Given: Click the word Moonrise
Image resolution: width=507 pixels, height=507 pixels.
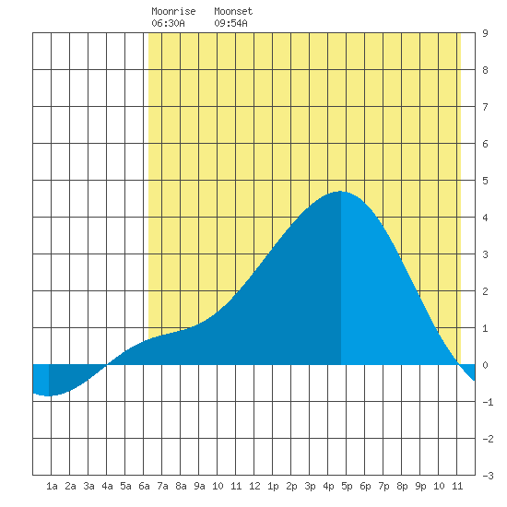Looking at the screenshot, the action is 173,11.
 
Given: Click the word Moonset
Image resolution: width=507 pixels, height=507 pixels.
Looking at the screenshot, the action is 233,11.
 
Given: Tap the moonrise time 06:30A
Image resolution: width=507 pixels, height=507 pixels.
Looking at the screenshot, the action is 168,23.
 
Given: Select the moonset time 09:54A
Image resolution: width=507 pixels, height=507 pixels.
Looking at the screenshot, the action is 230,23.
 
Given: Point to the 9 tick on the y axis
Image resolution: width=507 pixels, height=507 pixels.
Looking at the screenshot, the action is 485,33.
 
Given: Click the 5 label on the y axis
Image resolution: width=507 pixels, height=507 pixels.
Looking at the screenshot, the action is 485,181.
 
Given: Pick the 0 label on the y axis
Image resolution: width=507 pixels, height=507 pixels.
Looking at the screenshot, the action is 485,365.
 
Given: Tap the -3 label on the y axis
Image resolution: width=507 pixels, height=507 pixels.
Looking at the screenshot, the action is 488,476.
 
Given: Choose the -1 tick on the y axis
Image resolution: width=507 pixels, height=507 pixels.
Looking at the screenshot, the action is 488,402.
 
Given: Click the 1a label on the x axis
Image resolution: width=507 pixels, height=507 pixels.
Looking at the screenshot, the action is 52,486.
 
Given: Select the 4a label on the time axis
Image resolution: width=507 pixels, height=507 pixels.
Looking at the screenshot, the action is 107,486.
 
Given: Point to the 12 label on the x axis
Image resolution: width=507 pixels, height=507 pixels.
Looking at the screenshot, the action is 254,486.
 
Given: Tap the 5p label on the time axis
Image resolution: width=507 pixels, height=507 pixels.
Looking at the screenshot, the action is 347,486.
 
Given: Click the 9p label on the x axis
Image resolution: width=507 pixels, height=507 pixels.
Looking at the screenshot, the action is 420,486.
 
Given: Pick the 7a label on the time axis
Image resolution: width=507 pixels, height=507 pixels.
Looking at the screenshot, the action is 162,486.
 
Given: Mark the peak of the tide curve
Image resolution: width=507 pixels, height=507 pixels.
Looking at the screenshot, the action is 340,192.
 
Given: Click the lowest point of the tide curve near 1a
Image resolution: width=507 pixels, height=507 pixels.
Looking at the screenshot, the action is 49,395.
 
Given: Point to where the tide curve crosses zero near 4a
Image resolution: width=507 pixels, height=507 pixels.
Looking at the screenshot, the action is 107,365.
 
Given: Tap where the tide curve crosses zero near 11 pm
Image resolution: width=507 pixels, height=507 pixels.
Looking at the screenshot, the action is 459,365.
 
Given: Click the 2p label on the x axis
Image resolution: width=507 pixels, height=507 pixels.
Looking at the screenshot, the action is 291,486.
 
